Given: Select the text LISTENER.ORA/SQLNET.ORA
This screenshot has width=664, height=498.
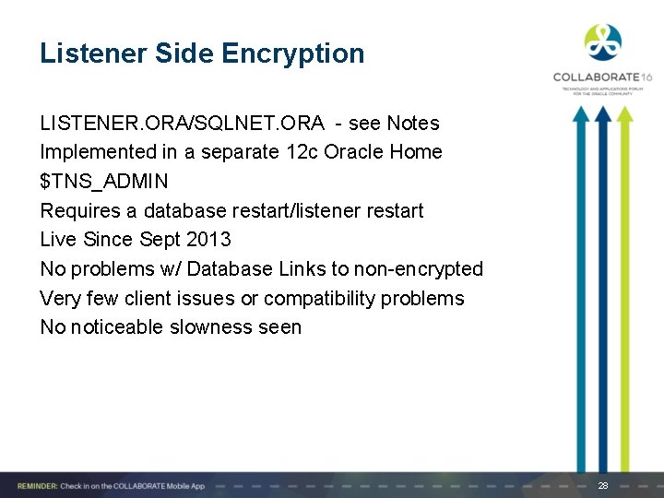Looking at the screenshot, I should pyautogui.click(x=182, y=123).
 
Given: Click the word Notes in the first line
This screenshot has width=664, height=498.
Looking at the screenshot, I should pyautogui.click(x=413, y=123).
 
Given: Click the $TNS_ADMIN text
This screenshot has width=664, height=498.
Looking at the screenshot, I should pyautogui.click(x=104, y=181).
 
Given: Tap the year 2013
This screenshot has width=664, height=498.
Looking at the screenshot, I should pyautogui.click(x=208, y=240).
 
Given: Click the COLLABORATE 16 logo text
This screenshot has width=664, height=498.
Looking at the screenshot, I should pyautogui.click(x=602, y=77).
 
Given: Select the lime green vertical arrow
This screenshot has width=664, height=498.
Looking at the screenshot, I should pyautogui.click(x=625, y=286).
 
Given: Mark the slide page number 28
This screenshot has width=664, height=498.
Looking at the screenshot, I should pyautogui.click(x=603, y=485).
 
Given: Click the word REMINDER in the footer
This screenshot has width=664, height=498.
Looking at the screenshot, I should pyautogui.click(x=34, y=485).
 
